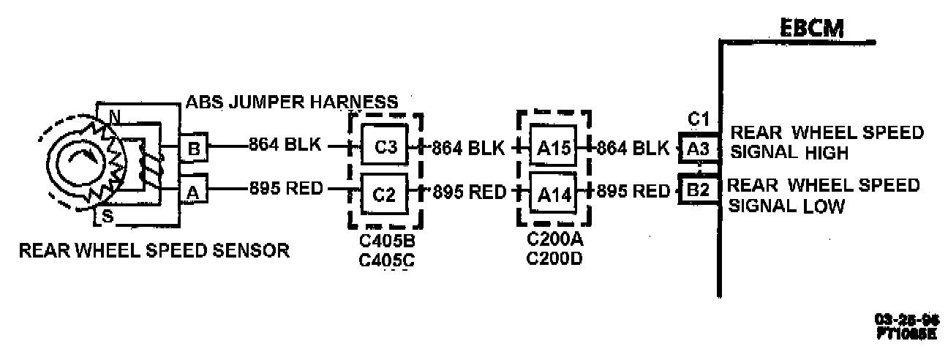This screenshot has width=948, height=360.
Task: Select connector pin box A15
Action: click(x=553, y=148)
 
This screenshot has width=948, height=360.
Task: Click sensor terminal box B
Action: click(x=194, y=149)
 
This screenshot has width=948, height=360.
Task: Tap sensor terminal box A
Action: click(x=194, y=192)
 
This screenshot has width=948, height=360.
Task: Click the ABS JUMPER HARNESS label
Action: click(x=292, y=101)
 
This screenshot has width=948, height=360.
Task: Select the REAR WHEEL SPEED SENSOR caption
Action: click(x=154, y=251)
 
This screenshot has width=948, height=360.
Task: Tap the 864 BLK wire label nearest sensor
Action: click(x=285, y=145)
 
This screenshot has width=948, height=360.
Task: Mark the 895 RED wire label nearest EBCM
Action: click(x=633, y=192)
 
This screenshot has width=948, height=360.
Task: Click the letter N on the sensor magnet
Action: click(x=113, y=116)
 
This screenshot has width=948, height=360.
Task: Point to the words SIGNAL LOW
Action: click(x=787, y=206)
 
